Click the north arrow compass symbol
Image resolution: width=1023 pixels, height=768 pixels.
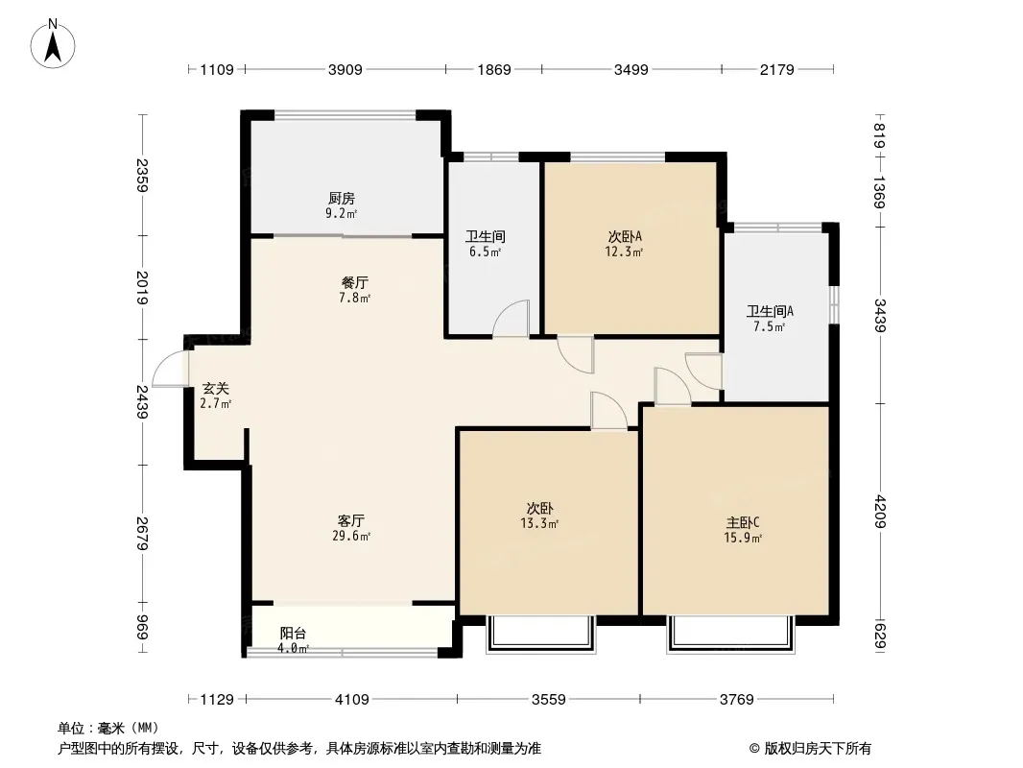coord(53,44)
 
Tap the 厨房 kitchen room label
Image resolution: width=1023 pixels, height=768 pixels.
coord(342,198)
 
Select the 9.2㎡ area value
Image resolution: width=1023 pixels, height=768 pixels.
coord(342,213)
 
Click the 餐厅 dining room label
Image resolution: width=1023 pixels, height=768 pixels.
coord(354,282)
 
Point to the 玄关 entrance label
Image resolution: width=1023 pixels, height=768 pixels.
coord(215,388)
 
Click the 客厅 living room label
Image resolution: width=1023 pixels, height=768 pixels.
coord(351,520)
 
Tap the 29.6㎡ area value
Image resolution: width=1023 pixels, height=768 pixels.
coord(351,537)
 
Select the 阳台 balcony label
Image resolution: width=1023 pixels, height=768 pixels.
coord(293,633)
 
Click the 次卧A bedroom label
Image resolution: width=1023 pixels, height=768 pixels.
coord(625,236)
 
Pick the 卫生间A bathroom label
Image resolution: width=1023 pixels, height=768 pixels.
coord(770,311)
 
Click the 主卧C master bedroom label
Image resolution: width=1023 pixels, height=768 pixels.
coord(743,522)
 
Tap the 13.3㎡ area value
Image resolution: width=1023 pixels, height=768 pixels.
coord(539,523)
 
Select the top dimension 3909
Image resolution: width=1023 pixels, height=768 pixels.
coord(345,69)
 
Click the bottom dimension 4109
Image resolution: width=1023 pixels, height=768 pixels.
coord(351,700)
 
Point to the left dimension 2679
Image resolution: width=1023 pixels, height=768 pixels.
coord(143,534)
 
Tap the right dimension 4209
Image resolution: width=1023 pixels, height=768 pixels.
coord(880,512)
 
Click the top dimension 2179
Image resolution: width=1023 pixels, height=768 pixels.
coord(777,69)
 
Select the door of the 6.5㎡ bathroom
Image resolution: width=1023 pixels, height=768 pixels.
coord(511,319)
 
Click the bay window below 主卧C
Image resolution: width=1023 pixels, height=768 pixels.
coord(730,634)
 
